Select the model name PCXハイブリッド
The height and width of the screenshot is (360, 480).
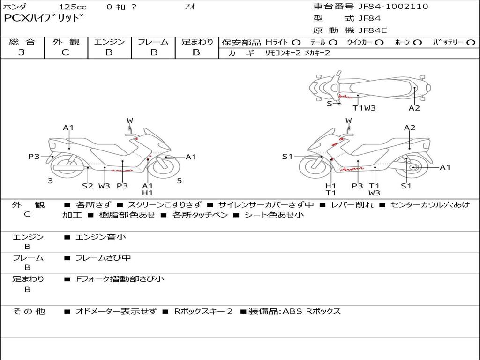point(45,18)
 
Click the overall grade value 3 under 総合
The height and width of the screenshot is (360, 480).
point(22,52)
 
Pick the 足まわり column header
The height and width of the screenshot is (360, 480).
point(197,42)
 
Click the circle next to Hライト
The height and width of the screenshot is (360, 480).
point(296,43)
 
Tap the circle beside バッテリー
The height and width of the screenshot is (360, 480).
point(471,43)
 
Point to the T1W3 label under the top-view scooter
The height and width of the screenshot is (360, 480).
point(364,108)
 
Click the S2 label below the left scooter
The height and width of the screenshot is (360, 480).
point(88,186)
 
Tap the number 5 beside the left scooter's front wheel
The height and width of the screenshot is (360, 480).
point(179,180)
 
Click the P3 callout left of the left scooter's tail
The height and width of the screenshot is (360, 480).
point(34,157)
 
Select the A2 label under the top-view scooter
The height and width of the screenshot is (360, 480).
point(414,108)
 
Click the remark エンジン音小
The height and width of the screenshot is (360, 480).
point(101,237)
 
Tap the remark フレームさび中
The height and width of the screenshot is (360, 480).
point(103,258)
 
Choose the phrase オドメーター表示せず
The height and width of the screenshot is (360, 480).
point(116,311)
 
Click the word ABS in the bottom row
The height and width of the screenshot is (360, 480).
point(292,311)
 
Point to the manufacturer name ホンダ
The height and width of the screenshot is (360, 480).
point(15,7)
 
